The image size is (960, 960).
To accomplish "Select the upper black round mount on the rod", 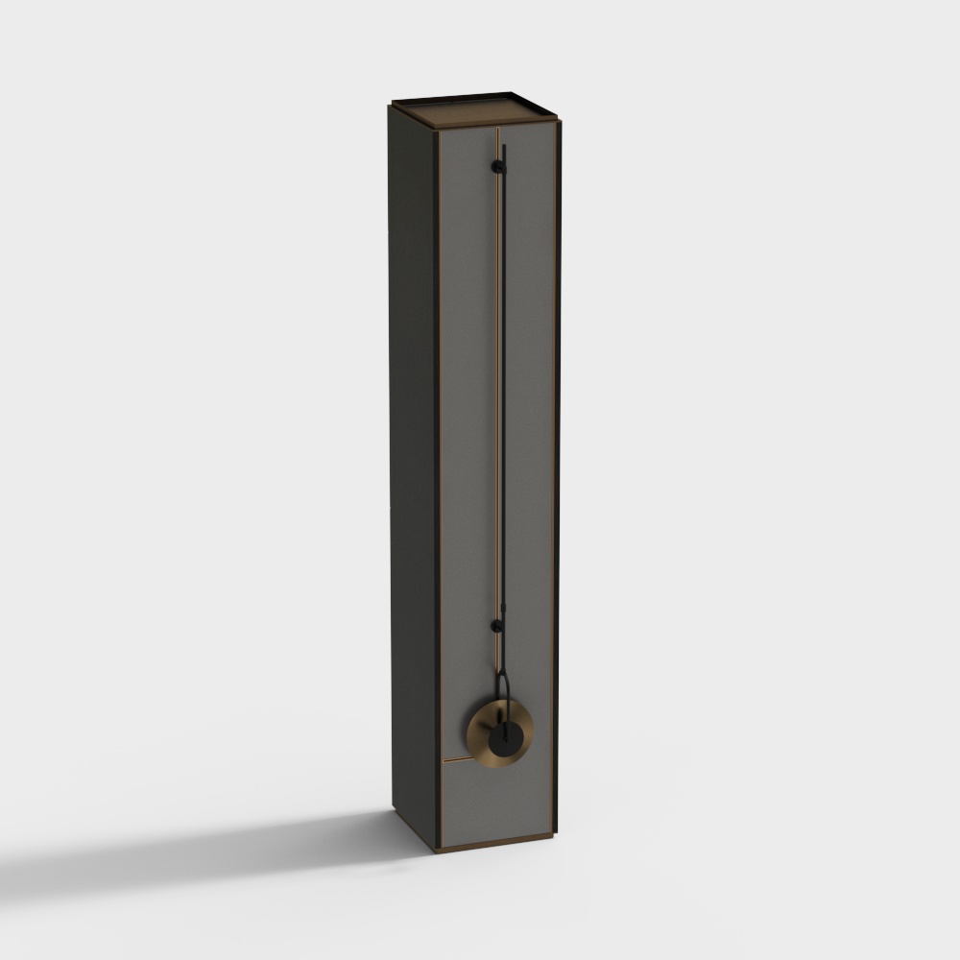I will tap(497, 167).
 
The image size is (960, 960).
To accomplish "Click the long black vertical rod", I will tap(502, 384).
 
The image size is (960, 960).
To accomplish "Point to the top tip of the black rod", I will tap(503, 145).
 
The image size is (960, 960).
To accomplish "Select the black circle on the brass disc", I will tap(503, 737).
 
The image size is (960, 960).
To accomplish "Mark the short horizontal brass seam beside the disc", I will tap(456, 760).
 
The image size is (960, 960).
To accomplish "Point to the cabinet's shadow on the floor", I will tap(240, 845).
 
